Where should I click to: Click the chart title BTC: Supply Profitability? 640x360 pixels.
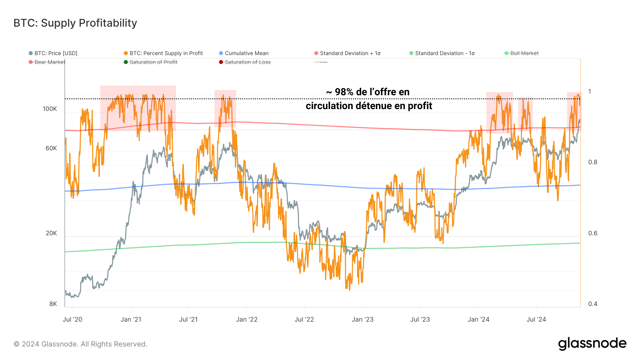click(x=75, y=23)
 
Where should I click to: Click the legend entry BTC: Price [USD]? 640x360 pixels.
click(x=55, y=53)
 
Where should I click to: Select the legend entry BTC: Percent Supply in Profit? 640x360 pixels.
click(x=166, y=53)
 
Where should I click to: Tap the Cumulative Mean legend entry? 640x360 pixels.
click(x=246, y=53)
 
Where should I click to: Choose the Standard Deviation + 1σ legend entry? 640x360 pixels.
click(x=350, y=53)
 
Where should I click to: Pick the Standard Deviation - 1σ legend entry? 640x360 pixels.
click(x=444, y=53)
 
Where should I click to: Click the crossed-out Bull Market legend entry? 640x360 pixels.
click(x=524, y=53)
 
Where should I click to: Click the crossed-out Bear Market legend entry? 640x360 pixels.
click(x=49, y=62)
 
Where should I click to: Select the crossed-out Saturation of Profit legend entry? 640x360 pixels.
click(x=153, y=62)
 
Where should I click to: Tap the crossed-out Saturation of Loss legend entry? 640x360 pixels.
click(x=247, y=62)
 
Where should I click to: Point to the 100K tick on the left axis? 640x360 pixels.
click(x=50, y=109)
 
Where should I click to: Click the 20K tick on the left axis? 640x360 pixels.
click(x=51, y=233)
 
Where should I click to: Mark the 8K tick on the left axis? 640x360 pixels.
click(x=53, y=304)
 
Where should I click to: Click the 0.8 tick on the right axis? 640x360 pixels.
click(x=593, y=162)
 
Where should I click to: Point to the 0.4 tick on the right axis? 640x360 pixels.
click(x=593, y=304)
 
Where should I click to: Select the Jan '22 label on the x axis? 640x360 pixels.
click(x=247, y=319)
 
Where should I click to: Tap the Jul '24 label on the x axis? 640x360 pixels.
click(x=536, y=319)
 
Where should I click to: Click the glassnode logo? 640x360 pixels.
click(x=592, y=344)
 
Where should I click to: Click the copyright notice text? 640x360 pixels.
click(x=80, y=344)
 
